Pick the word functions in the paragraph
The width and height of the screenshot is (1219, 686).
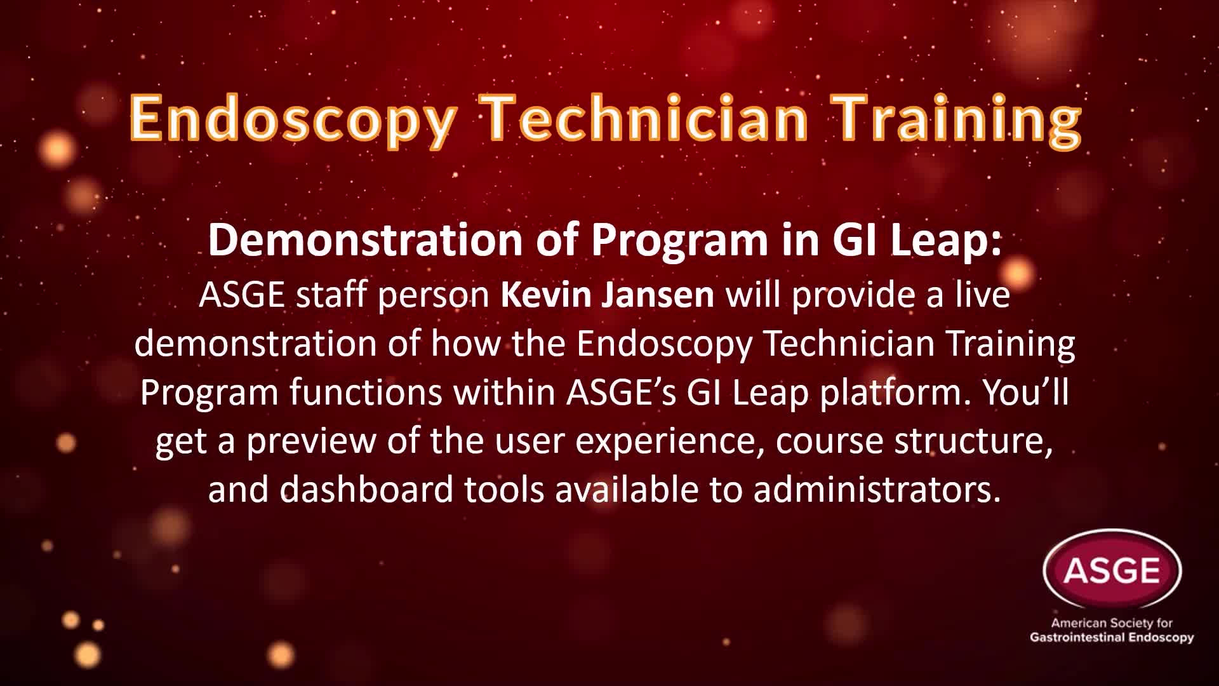tap(366, 392)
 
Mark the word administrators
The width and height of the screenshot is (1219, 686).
tap(877, 490)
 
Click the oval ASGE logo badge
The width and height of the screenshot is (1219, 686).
tap(1112, 569)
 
